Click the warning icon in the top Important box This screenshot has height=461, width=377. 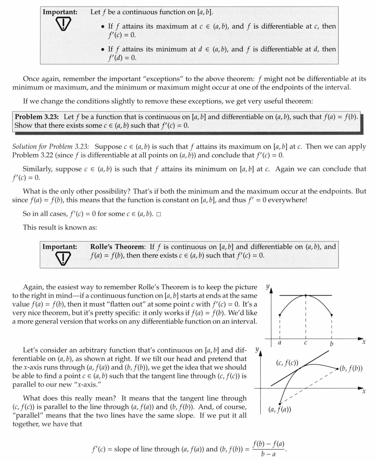(60, 25)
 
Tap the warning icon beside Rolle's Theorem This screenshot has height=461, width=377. (60, 258)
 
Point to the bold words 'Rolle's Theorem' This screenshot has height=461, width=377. (117, 247)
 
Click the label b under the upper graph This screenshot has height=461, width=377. (332, 343)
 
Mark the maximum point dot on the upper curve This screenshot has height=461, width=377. (306, 295)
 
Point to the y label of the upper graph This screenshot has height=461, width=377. (268, 287)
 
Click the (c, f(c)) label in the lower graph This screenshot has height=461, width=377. (287, 362)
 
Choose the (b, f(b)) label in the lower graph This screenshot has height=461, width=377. (351, 368)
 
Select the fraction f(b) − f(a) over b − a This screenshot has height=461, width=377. (269, 448)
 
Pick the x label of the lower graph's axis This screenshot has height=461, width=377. (364, 391)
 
